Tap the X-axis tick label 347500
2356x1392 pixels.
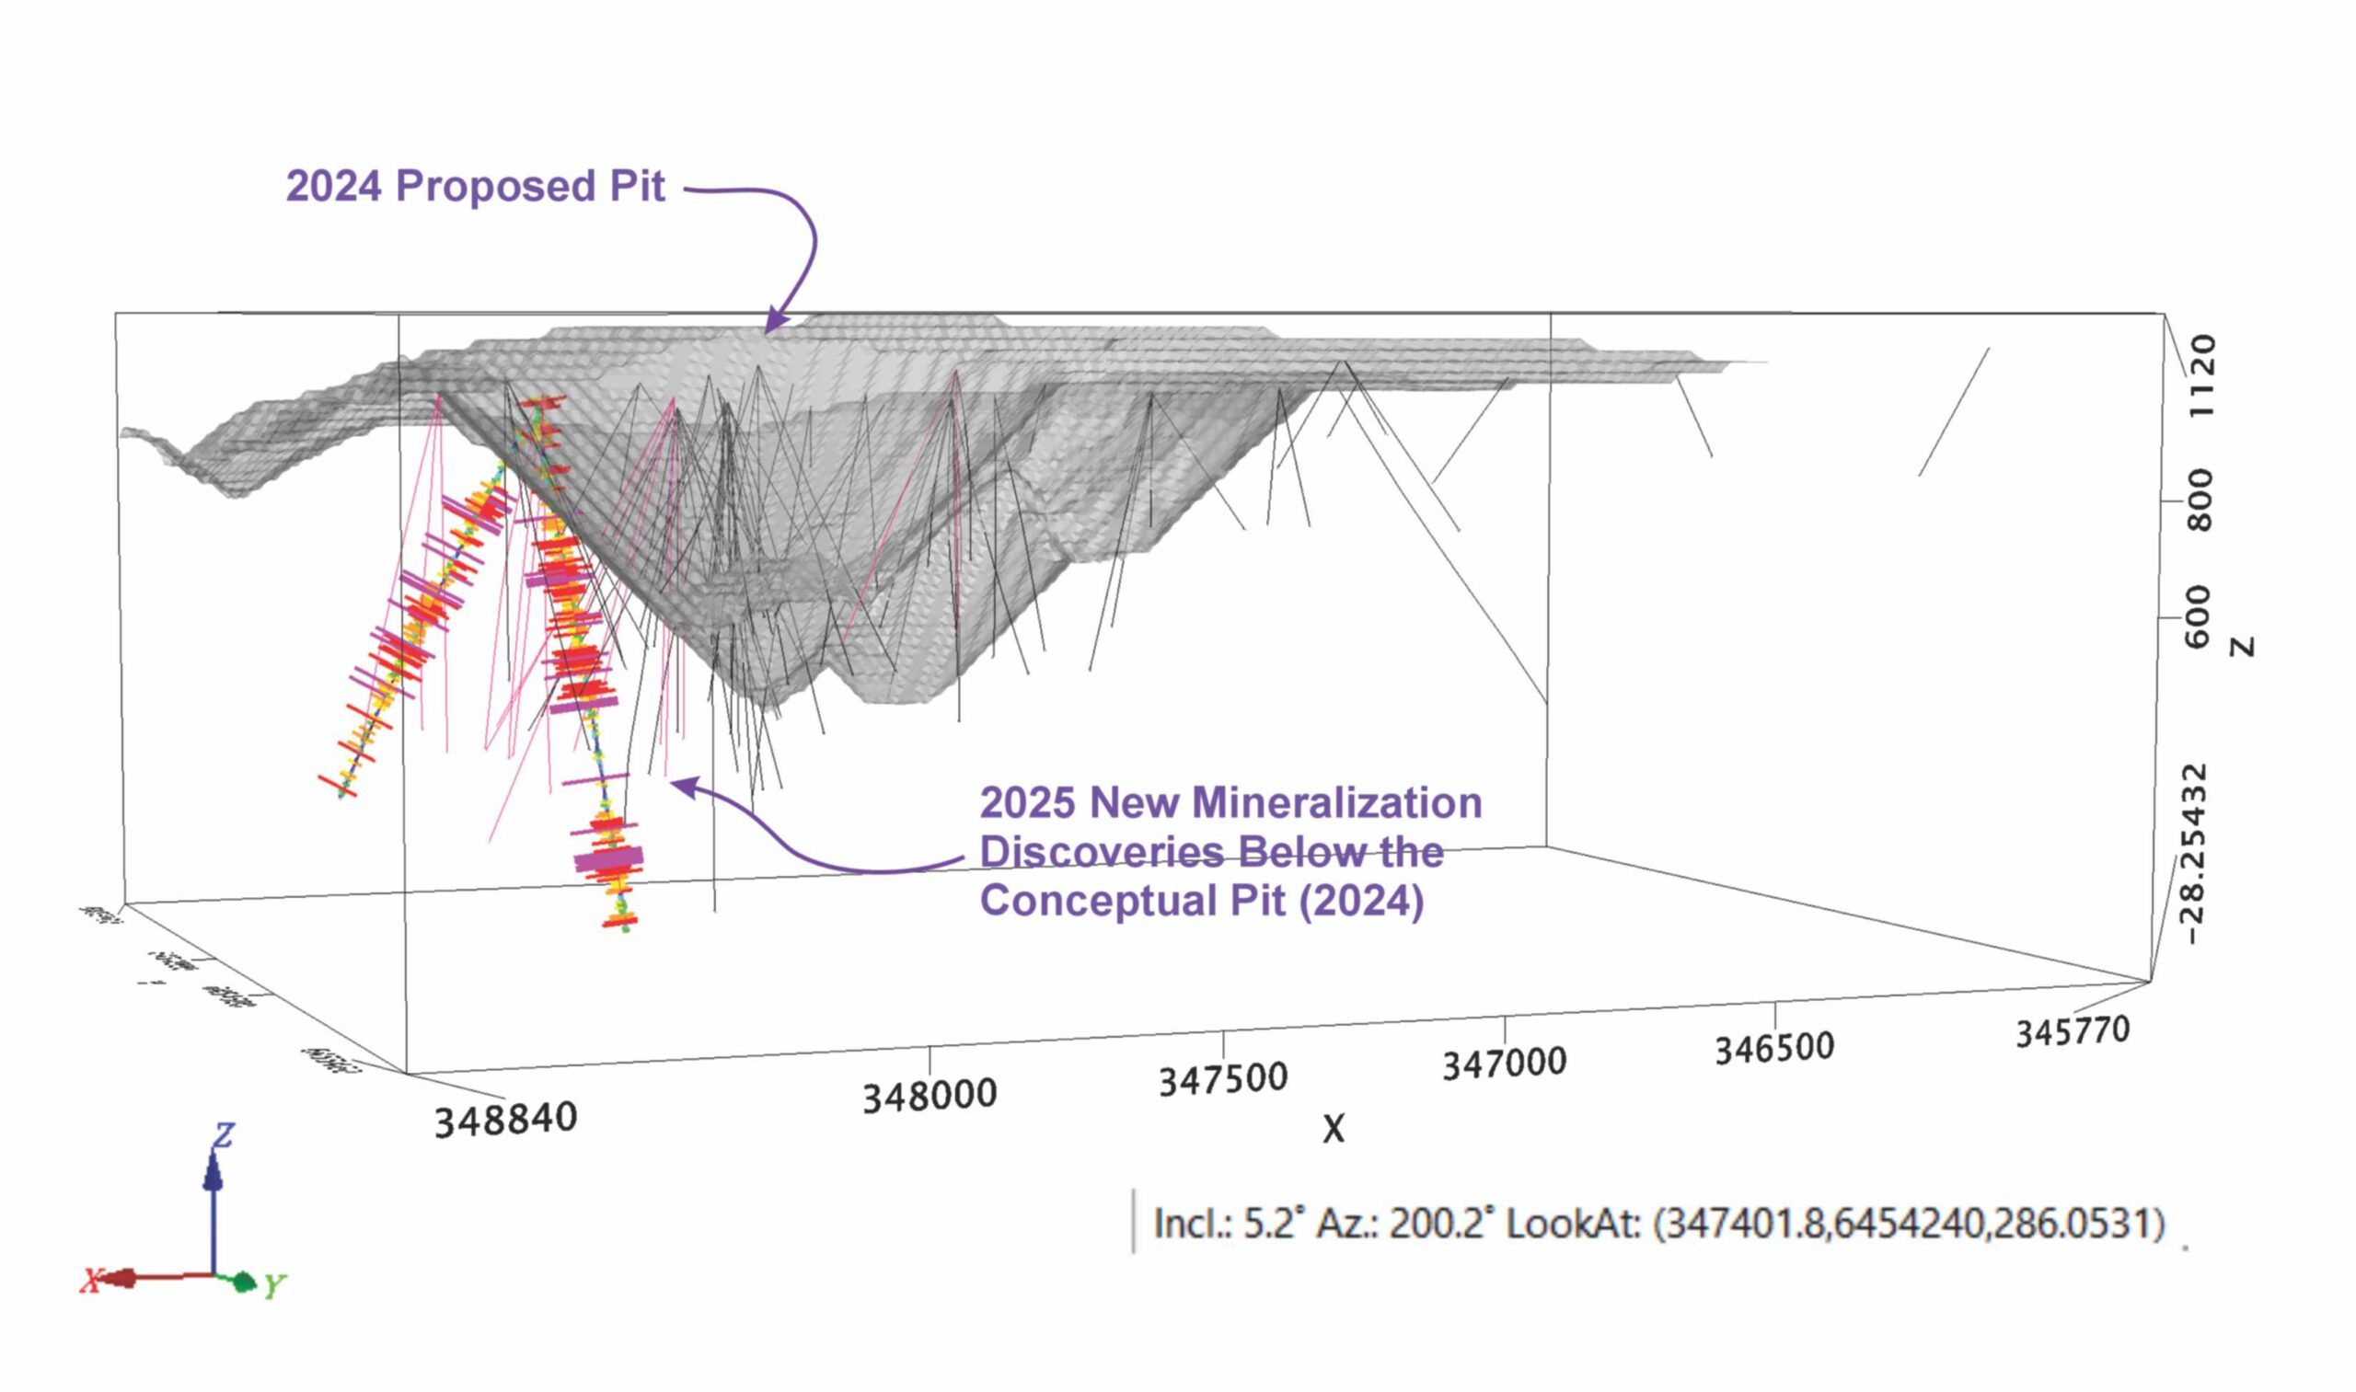(1222, 1079)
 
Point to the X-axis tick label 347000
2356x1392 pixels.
(1504, 1064)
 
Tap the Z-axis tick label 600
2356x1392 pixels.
(2199, 617)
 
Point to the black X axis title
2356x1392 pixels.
(1334, 1130)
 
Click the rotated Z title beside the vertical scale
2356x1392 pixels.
(2242, 646)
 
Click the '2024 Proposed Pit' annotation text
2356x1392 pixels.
(476, 186)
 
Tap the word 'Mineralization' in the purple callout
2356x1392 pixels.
(1336, 803)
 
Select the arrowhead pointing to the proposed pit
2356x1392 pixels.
(774, 321)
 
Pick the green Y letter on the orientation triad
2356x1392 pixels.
(273, 1286)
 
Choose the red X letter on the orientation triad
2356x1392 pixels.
(91, 1281)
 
